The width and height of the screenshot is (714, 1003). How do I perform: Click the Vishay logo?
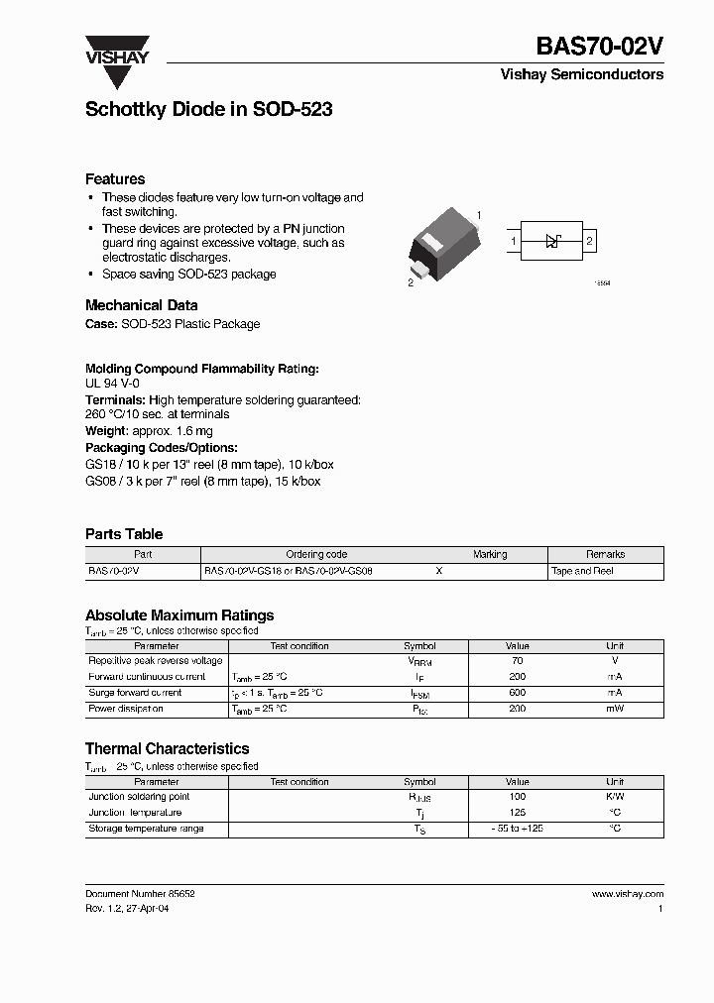pyautogui.click(x=116, y=50)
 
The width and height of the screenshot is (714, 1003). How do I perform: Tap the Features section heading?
pyautogui.click(x=115, y=179)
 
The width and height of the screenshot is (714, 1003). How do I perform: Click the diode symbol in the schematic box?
pyautogui.click(x=553, y=241)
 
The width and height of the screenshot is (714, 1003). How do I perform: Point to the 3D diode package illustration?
pyautogui.click(x=445, y=244)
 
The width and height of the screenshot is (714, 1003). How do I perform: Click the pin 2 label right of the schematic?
pyautogui.click(x=589, y=241)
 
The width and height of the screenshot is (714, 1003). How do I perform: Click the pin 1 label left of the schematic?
pyautogui.click(x=514, y=241)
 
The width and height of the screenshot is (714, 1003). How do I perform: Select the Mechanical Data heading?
pyautogui.click(x=141, y=305)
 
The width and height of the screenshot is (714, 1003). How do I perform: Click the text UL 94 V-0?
pyautogui.click(x=112, y=383)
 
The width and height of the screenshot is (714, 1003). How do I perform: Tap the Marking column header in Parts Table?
pyautogui.click(x=490, y=555)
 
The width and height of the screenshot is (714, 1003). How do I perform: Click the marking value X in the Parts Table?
pyautogui.click(x=439, y=571)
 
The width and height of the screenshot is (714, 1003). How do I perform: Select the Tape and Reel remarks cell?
pyautogui.click(x=583, y=571)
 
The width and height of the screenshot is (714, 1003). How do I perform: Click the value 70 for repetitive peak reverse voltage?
pyautogui.click(x=517, y=661)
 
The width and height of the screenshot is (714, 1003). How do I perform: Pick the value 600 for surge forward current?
pyautogui.click(x=517, y=693)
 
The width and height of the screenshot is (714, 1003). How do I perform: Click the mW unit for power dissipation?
pyautogui.click(x=615, y=709)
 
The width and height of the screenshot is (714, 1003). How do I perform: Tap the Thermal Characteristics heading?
pyautogui.click(x=167, y=749)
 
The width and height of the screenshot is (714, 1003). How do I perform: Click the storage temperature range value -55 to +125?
pyautogui.click(x=517, y=829)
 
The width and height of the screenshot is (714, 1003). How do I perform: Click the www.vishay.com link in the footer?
pyautogui.click(x=627, y=894)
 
